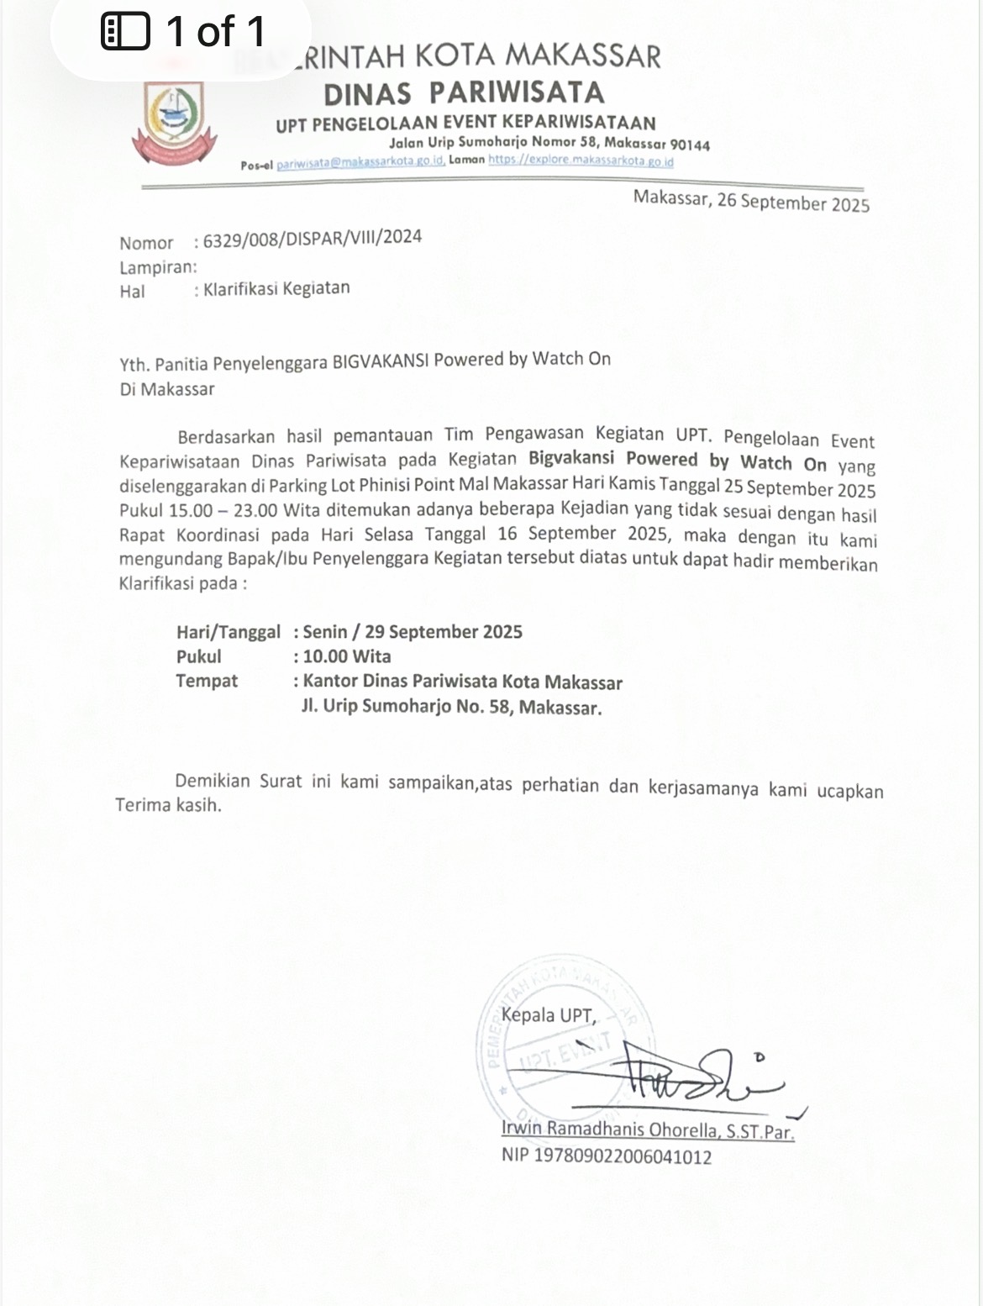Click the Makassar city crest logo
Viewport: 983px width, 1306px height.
pos(174,122)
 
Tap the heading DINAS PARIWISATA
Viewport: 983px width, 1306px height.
pos(464,92)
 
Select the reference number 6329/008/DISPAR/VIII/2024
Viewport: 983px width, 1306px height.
pos(313,238)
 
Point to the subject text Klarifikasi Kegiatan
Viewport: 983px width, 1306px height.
pos(276,288)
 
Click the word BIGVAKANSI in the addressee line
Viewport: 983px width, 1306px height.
pos(381,361)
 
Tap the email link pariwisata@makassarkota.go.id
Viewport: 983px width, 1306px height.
pos(360,162)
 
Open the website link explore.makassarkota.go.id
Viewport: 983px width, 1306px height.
pos(581,160)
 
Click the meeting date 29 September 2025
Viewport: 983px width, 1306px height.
pos(444,632)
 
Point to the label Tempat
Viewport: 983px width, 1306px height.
pos(207,681)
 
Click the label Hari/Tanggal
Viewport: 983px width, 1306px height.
pos(229,632)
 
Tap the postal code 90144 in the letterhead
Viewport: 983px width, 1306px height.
pos(690,145)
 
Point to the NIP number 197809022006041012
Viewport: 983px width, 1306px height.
pos(623,1156)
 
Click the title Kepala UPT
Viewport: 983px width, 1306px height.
pos(548,1015)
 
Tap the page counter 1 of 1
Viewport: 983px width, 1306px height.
pos(216,32)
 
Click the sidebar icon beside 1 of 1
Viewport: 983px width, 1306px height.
pos(125,32)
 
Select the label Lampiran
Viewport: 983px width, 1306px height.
pos(157,267)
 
